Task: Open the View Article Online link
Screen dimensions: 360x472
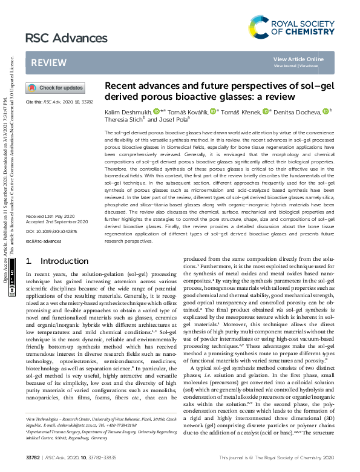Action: (x=298, y=59)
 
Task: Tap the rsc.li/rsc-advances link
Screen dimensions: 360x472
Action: (x=41, y=241)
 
